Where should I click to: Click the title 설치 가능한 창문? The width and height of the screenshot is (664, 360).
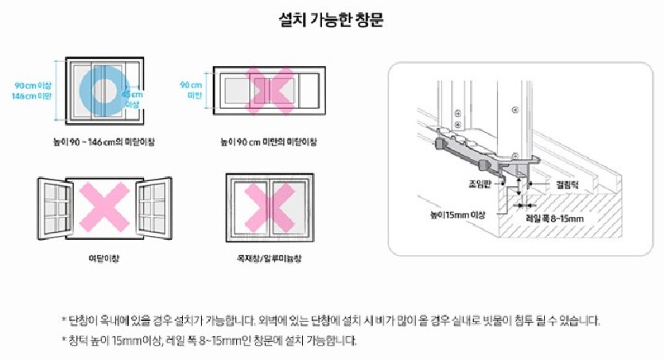point(332,20)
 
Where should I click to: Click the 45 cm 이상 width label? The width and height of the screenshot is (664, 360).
point(132,99)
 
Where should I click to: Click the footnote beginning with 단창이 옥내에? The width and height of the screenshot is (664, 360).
point(331,321)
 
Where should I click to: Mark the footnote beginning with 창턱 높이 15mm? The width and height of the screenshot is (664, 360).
point(209,341)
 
